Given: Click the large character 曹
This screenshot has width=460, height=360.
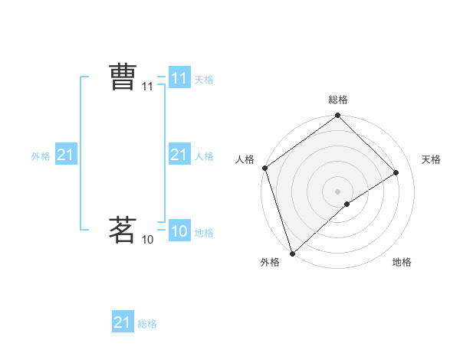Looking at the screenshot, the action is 123,78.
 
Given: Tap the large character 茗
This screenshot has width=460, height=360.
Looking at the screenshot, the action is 123,230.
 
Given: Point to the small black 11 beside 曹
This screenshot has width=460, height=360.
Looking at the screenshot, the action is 148,87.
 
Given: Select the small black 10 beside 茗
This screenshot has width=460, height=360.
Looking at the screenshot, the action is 148,240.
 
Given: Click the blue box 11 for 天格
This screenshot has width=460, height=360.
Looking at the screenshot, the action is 179,78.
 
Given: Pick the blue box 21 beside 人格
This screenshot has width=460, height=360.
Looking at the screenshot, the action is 179,155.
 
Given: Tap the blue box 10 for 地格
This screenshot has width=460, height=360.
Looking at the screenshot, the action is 179,231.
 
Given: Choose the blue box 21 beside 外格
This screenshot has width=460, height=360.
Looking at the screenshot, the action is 66,155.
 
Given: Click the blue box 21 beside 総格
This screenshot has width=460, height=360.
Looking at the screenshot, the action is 123,322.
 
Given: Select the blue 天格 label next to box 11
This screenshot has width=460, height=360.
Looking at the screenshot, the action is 204,80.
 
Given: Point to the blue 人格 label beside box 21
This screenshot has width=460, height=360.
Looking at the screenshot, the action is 204,156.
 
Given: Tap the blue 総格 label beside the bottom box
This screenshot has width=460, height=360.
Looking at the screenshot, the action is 147,324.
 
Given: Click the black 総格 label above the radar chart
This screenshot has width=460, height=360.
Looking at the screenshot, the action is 337,100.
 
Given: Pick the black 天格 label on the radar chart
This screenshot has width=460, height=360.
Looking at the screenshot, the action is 431,159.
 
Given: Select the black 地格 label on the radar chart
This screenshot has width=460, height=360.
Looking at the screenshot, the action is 402,263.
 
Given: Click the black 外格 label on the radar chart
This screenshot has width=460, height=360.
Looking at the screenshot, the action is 270,263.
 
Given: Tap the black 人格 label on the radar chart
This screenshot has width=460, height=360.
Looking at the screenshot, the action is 245,159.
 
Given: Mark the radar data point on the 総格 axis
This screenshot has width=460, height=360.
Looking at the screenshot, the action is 337,116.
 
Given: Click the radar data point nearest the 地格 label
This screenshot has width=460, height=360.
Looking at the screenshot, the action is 347,204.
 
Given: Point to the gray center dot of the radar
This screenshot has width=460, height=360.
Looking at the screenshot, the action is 337,191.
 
